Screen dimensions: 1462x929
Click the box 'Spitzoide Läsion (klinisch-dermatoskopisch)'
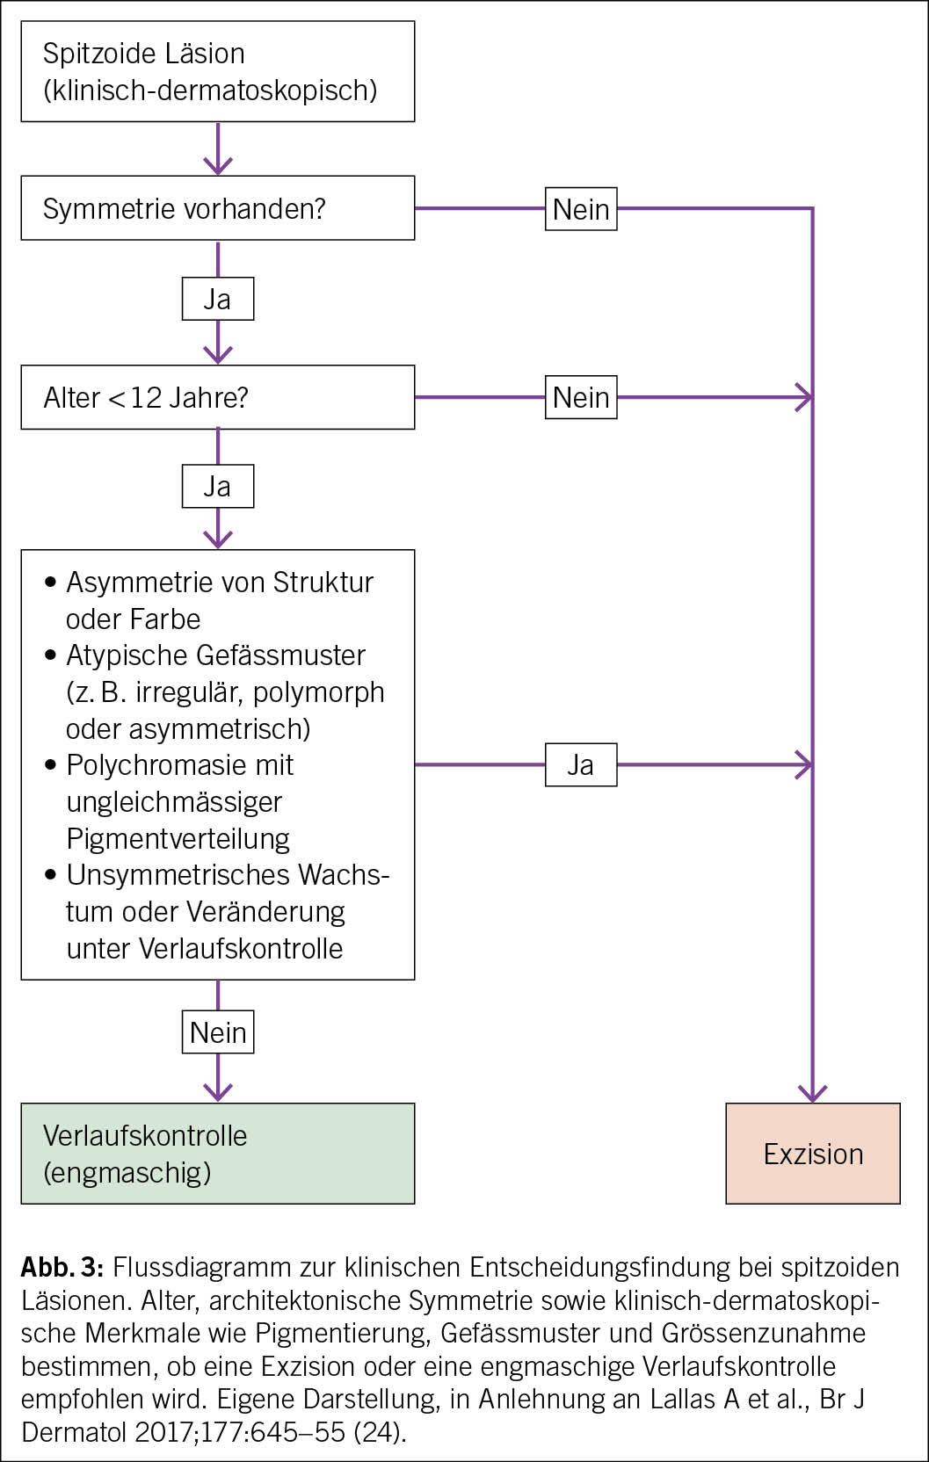tap(217, 71)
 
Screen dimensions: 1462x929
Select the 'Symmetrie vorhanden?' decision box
tap(217, 208)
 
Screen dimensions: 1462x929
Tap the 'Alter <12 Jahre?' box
tap(217, 397)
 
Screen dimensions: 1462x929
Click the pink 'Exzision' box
tap(812, 1153)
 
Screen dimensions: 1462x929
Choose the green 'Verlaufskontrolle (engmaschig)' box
tap(217, 1153)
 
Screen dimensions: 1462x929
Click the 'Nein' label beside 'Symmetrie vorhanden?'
tap(581, 209)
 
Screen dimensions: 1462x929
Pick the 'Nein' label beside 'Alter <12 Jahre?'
tap(581, 397)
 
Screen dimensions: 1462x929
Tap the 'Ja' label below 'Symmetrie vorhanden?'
tap(217, 299)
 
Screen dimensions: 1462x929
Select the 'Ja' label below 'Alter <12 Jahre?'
tap(217, 486)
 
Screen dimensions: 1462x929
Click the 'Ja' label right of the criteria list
tap(581, 764)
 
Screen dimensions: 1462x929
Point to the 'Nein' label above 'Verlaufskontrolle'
tap(218, 1031)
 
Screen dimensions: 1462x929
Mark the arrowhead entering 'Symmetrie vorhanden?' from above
tap(217, 165)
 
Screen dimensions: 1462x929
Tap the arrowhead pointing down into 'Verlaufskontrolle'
tap(217, 1092)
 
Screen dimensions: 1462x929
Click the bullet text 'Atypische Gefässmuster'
tap(215, 655)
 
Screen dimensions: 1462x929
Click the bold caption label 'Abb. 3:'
tap(62, 1267)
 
